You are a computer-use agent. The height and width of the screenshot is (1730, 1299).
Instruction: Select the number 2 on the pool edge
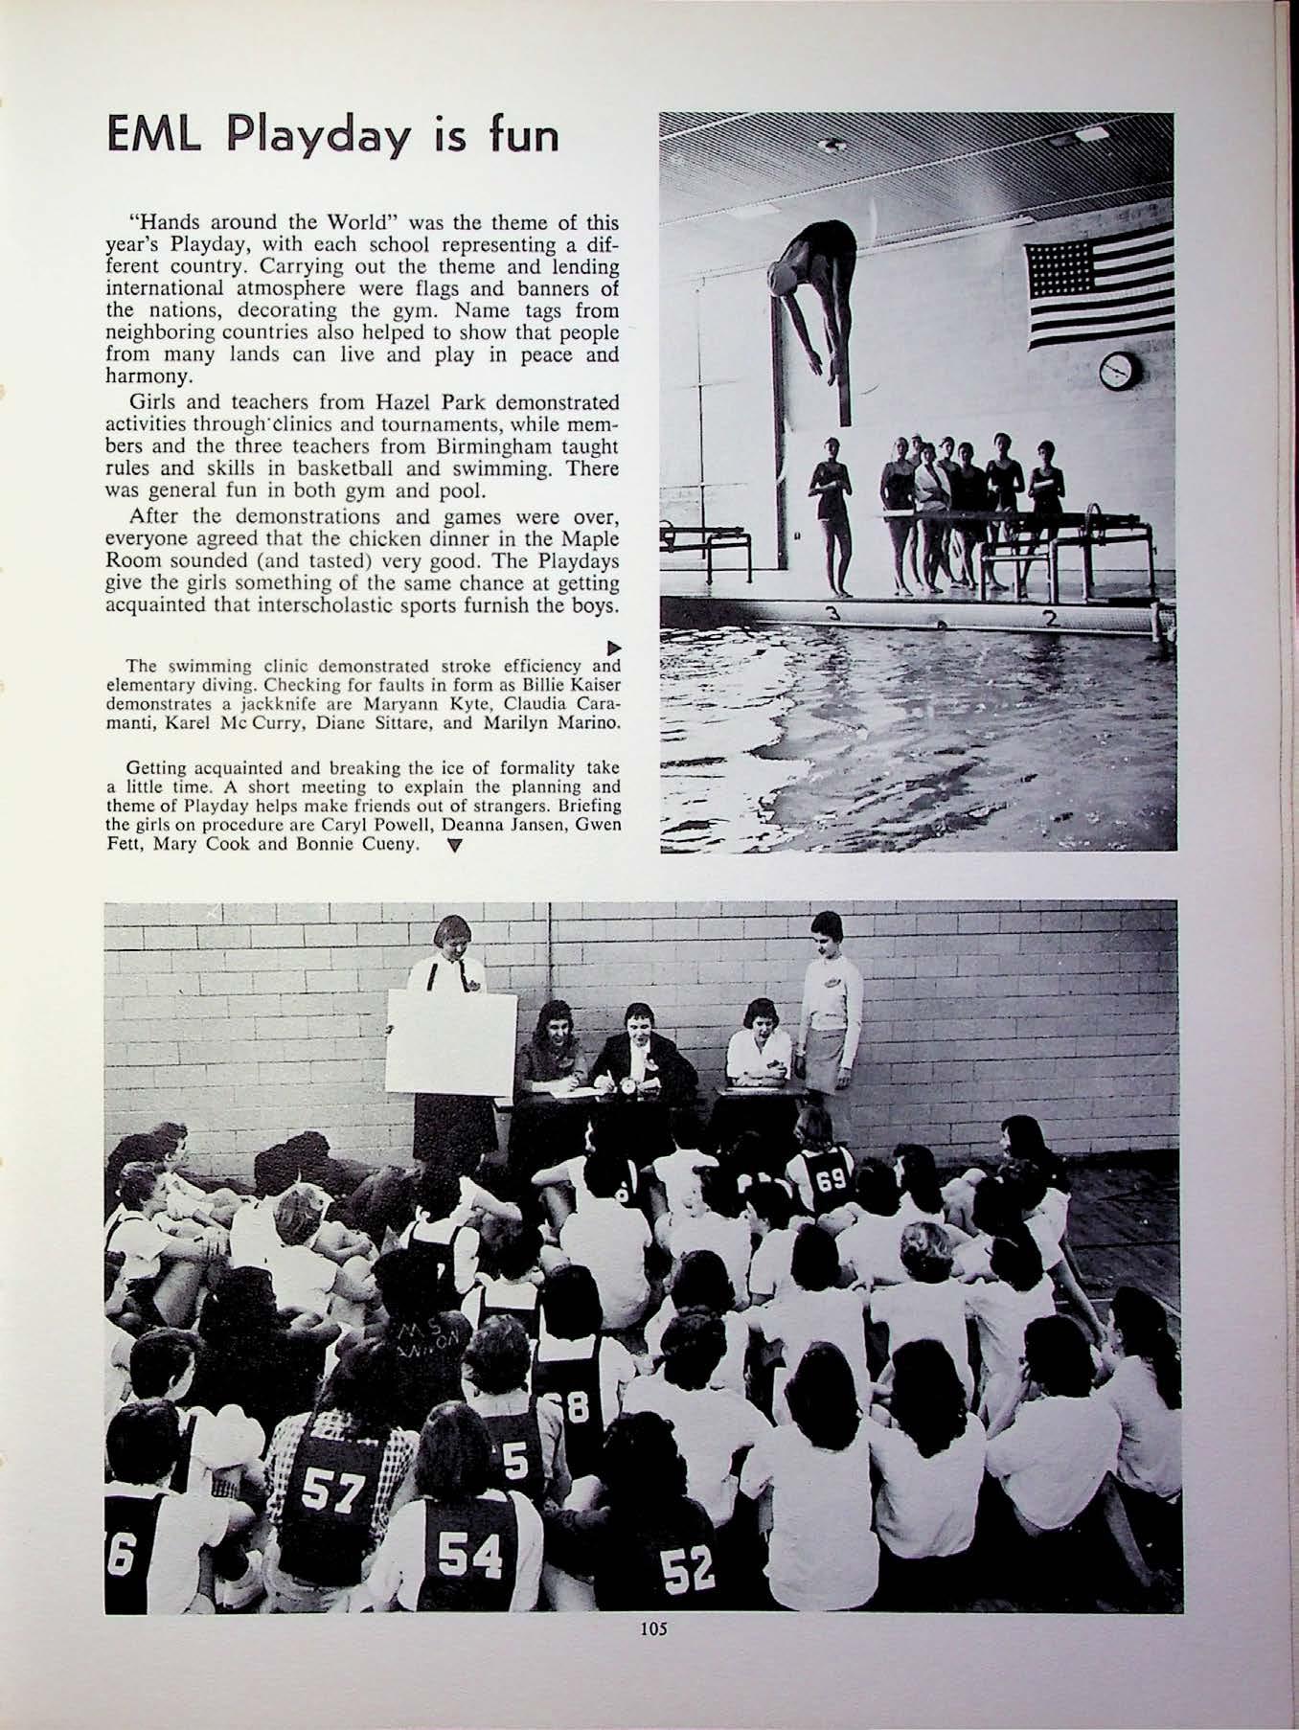click(1050, 619)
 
